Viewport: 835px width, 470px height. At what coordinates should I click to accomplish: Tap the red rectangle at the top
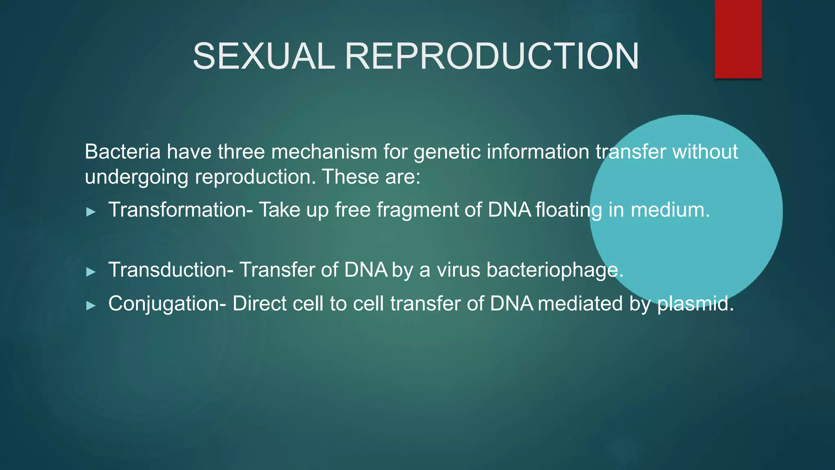738,39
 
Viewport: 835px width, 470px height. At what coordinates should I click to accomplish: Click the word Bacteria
123,152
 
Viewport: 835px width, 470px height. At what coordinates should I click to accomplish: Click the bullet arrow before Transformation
91,212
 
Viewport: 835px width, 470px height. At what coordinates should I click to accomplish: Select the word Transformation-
181,210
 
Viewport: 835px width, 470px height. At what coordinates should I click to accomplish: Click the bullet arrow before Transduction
91,272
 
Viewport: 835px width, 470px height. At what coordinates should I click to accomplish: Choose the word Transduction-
171,270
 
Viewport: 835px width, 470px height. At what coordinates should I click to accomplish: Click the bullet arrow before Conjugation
91,305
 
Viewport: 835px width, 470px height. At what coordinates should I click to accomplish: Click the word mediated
580,304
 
